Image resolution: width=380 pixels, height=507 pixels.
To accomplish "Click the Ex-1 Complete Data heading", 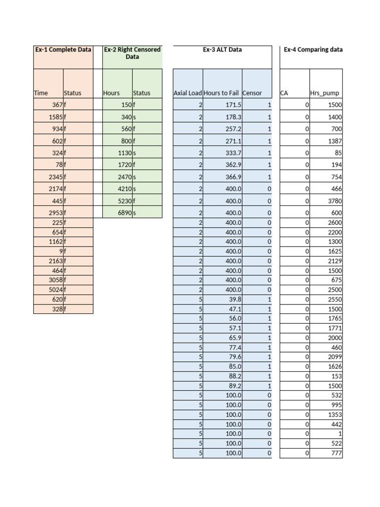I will tap(63, 50).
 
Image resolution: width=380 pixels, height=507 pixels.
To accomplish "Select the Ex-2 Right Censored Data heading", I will tap(132, 53).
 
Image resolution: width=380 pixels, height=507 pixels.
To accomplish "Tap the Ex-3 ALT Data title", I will tap(222, 50).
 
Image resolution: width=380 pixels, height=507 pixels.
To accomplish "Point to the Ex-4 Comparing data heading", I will tap(313, 50).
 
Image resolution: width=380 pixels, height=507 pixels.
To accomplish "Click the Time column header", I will tap(41, 93).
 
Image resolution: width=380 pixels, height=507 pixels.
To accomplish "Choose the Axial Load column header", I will tap(188, 93).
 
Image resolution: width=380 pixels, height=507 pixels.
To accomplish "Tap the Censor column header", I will tap(252, 93).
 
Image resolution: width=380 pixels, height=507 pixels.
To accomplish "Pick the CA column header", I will tap(284, 93).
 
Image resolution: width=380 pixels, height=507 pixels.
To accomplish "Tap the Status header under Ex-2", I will tap(142, 93).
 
